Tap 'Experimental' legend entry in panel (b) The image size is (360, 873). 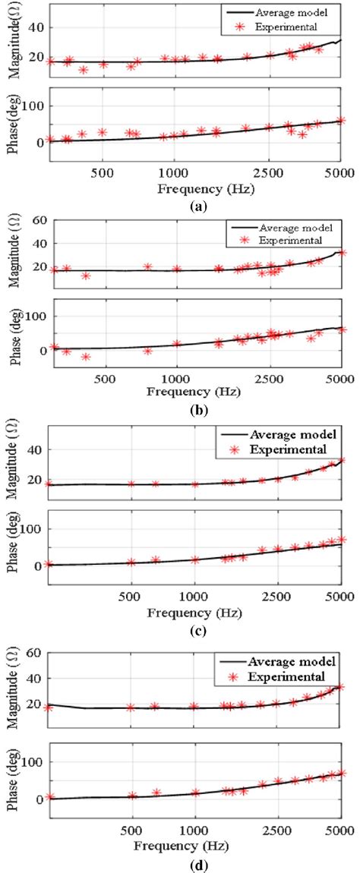coord(288,241)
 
